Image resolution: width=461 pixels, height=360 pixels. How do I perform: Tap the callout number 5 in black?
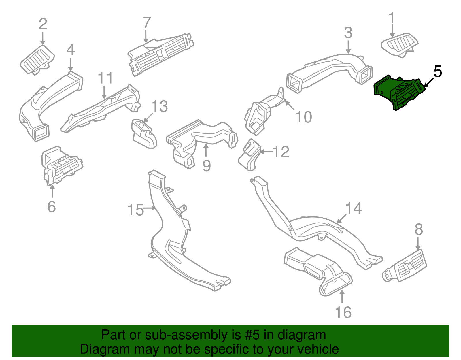438,71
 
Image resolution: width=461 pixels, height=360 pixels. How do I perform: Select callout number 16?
343,312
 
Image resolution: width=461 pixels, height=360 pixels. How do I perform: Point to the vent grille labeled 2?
37,60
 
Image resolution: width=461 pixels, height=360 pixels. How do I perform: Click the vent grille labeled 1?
399,45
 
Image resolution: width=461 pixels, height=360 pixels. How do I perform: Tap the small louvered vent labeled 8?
404,266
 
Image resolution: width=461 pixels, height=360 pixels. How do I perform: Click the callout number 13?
160,106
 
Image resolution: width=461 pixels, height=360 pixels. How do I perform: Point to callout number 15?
135,210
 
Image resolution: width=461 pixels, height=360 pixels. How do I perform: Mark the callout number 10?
304,117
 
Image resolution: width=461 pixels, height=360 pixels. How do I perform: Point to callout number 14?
354,208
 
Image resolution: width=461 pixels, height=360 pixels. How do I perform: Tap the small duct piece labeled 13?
144,134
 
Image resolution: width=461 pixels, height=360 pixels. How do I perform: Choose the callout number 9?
207,166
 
